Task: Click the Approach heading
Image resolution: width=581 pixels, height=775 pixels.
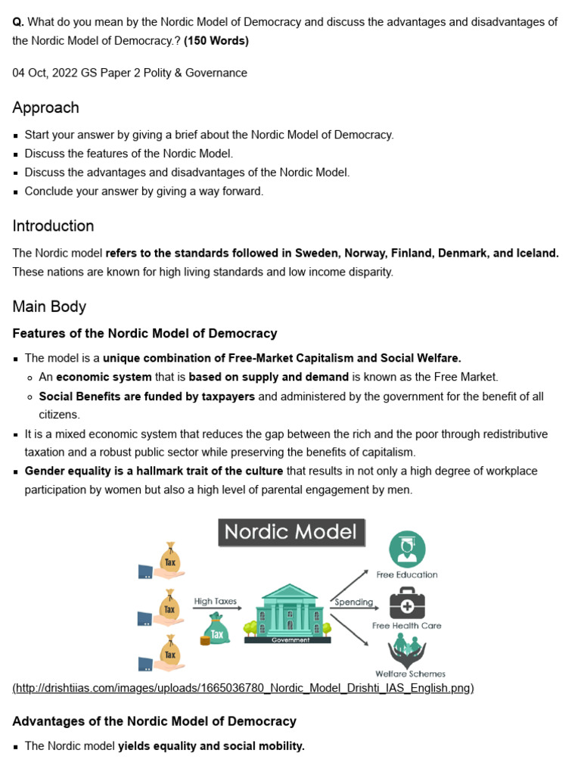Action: (x=45, y=107)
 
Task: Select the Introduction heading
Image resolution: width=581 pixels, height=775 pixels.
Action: (x=53, y=226)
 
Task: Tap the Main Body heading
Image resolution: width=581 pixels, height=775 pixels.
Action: (x=49, y=307)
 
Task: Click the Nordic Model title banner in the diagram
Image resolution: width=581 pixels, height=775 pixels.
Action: (x=291, y=532)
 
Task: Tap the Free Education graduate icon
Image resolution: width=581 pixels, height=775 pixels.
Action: (x=406, y=549)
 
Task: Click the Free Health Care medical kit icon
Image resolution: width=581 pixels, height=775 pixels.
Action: (x=406, y=603)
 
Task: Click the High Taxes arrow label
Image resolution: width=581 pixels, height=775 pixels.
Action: (x=216, y=602)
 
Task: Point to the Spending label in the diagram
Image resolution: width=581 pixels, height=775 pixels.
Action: (x=354, y=602)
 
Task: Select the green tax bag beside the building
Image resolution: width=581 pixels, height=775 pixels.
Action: (x=216, y=630)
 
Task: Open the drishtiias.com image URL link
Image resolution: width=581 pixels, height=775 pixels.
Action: (x=243, y=688)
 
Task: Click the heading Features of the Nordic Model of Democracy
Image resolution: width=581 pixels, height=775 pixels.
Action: (x=144, y=333)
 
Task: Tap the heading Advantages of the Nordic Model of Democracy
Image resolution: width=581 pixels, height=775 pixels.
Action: (x=154, y=721)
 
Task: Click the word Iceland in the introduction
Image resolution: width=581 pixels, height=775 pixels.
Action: (x=536, y=253)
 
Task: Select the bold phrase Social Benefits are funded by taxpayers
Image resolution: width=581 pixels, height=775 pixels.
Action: (x=147, y=397)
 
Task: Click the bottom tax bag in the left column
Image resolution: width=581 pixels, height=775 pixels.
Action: (x=170, y=652)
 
